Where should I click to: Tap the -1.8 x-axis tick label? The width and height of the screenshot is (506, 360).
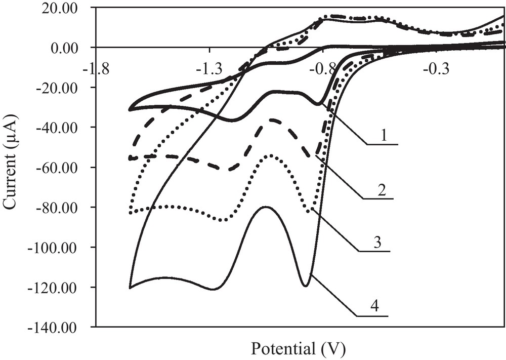click(95, 67)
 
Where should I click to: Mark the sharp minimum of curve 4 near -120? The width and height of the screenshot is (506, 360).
click(305, 286)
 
